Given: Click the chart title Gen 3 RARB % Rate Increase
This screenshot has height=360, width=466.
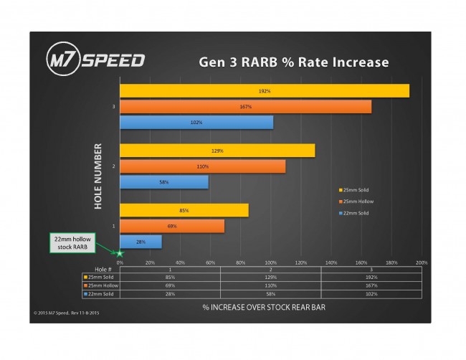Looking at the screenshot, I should point(294,62).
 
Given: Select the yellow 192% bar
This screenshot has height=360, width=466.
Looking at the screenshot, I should point(264,91).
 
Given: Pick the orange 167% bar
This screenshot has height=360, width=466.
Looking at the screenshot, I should point(245,107).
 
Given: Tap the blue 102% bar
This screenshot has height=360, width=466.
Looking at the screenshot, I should point(196,123).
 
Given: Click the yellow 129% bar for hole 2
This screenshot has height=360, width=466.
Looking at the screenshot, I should point(217,151).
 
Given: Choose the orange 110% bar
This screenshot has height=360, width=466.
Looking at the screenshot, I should point(202,166).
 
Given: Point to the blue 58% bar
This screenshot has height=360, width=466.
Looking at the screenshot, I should point(163,182).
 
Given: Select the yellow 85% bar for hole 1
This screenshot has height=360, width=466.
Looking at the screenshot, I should point(184,210).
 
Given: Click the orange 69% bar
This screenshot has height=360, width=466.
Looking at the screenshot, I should point(171,226).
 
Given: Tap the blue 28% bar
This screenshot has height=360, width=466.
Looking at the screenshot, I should point(141,242).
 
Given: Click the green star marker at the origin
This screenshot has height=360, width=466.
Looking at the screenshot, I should point(120,252).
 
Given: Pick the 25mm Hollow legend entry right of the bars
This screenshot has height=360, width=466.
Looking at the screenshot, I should point(356,202).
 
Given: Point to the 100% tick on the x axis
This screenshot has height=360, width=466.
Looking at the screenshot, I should point(270,262).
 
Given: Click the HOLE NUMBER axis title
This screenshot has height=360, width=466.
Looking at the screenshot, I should point(98,176).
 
